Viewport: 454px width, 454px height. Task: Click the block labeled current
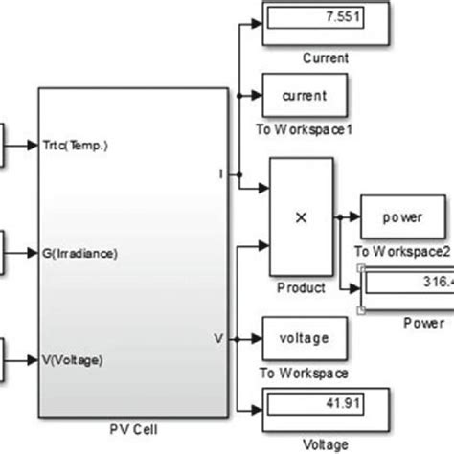(x=305, y=94)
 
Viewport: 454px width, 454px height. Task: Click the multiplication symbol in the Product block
(x=301, y=218)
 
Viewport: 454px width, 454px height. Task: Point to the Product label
(x=301, y=287)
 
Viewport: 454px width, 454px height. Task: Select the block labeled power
(x=402, y=216)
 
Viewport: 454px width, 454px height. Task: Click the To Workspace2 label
(x=401, y=252)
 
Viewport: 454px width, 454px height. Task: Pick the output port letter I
(x=221, y=174)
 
